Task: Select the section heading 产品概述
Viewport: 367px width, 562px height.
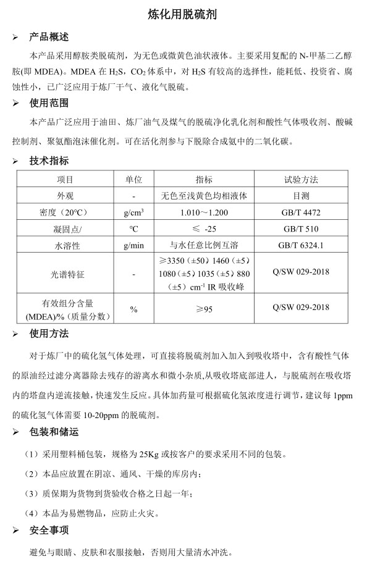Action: pyautogui.click(x=49, y=37)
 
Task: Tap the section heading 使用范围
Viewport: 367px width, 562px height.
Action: pyautogui.click(x=49, y=103)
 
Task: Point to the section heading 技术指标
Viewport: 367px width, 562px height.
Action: pyautogui.click(x=49, y=161)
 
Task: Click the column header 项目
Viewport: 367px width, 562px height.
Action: pyautogui.click(x=65, y=180)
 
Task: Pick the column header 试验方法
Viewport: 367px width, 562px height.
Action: pyautogui.click(x=301, y=180)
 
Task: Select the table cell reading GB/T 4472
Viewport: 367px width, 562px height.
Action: pyautogui.click(x=301, y=212)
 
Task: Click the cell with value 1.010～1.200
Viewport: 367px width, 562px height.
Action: pyautogui.click(x=204, y=212)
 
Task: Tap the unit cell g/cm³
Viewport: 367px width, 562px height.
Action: pyautogui.click(x=133, y=212)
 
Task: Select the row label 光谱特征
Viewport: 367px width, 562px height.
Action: pyautogui.click(x=65, y=273)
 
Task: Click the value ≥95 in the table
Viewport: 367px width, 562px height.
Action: pyautogui.click(x=204, y=308)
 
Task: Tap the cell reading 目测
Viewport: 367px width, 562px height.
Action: pyautogui.click(x=301, y=196)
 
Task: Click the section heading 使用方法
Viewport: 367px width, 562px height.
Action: pyautogui.click(x=49, y=334)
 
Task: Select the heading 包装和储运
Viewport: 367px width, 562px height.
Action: pyautogui.click(x=54, y=432)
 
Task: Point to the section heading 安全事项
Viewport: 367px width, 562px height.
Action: pyautogui.click(x=49, y=530)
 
